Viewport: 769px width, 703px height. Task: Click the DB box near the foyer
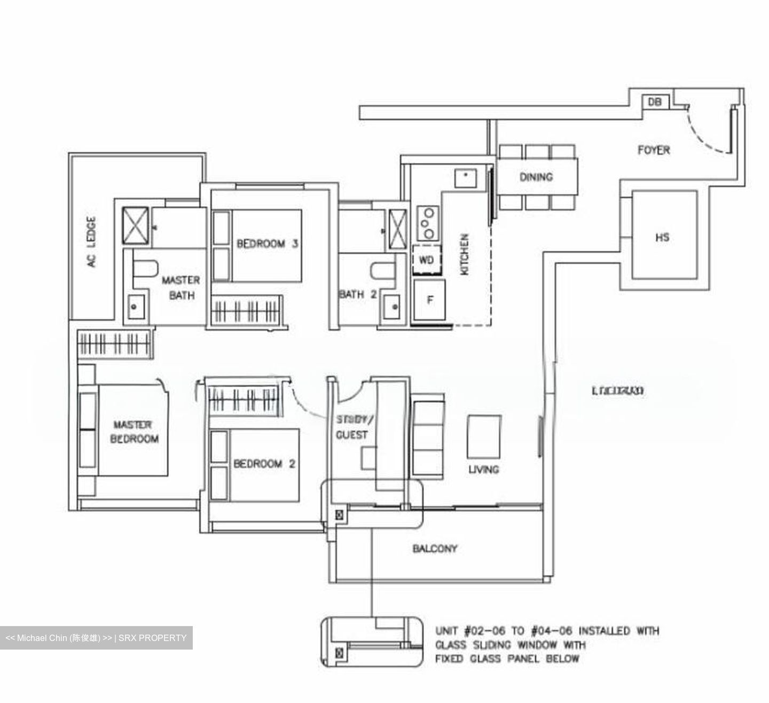pos(654,101)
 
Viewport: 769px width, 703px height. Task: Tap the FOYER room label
pos(654,150)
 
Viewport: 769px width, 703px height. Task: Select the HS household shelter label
pos(662,237)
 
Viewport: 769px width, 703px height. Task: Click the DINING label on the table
pos(536,177)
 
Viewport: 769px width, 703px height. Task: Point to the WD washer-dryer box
pos(427,260)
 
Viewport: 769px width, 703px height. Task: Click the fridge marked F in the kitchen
pos(429,300)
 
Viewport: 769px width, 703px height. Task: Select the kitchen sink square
pos(466,177)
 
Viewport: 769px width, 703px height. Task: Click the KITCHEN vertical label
pos(465,254)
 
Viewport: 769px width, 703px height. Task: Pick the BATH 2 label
pos(357,294)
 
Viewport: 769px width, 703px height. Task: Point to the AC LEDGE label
pos(92,241)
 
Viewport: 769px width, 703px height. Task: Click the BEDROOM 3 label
pos(267,244)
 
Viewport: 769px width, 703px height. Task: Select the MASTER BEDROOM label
pos(135,432)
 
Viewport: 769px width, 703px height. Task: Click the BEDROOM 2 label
pos(264,464)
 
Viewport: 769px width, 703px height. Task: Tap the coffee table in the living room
pos(484,436)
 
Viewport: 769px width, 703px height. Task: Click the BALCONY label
pos(435,549)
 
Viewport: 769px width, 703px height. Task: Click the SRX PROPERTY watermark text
pos(152,638)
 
